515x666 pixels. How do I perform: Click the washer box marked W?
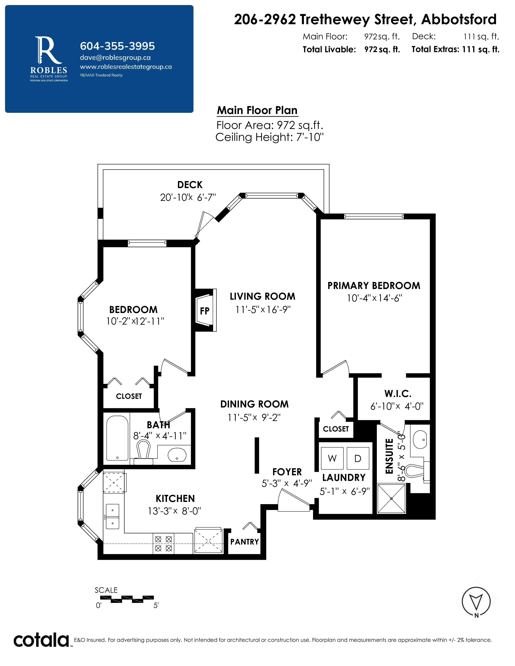pyautogui.click(x=332, y=458)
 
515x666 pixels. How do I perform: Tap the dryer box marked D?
pyautogui.click(x=358, y=458)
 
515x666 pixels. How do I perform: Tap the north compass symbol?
pyautogui.click(x=476, y=602)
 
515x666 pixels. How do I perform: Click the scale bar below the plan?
pyautogui.click(x=127, y=599)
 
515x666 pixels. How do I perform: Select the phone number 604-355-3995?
pyautogui.click(x=118, y=46)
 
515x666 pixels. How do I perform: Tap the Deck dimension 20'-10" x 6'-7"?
pyautogui.click(x=188, y=198)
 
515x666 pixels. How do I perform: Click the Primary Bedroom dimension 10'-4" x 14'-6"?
pyautogui.click(x=374, y=298)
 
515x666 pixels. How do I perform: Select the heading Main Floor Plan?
pyautogui.click(x=257, y=110)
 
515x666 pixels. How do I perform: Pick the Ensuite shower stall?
pyautogui.click(x=391, y=498)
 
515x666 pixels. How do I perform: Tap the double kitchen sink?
pyautogui.click(x=112, y=516)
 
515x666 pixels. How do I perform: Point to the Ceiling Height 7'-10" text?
pyautogui.click(x=269, y=137)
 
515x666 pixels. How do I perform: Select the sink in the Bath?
pyautogui.click(x=177, y=455)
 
